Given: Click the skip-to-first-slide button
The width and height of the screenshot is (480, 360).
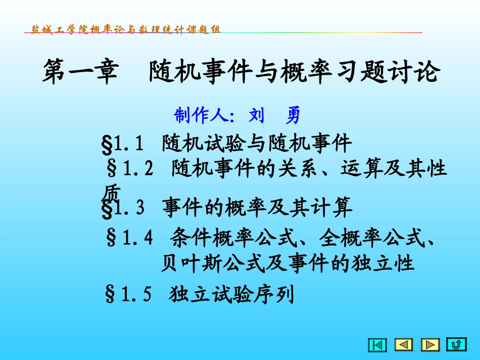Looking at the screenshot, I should pos(377,345).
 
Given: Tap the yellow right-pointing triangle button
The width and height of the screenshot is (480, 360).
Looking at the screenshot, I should pos(430,345).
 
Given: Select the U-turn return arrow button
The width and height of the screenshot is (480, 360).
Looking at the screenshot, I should pos(456,345).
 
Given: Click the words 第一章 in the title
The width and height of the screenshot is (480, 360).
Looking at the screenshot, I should pos(79,72).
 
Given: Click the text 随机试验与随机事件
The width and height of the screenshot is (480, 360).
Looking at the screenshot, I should pos(257,144).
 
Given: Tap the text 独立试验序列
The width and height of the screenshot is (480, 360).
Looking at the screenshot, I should pos(231,293).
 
